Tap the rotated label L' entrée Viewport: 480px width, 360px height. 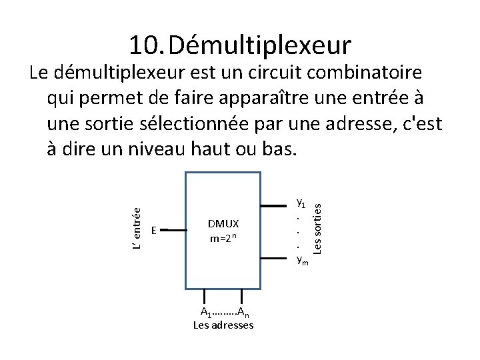[x=136, y=229]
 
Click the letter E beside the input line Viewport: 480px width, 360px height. [x=153, y=230]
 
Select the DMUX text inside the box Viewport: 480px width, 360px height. [x=223, y=223]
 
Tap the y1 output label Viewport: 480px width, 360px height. [x=301, y=201]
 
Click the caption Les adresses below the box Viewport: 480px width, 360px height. [x=223, y=325]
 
